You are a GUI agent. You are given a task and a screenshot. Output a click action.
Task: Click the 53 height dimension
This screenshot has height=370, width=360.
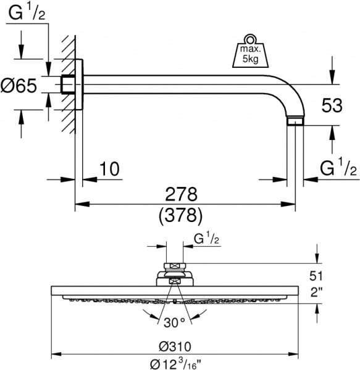[x=332, y=105]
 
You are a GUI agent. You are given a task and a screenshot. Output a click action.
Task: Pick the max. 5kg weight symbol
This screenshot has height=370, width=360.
[x=248, y=53]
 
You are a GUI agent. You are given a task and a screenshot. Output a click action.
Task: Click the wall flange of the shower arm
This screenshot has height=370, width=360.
[x=79, y=84]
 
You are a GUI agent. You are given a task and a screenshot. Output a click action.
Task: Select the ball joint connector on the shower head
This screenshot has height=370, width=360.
[x=175, y=274]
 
